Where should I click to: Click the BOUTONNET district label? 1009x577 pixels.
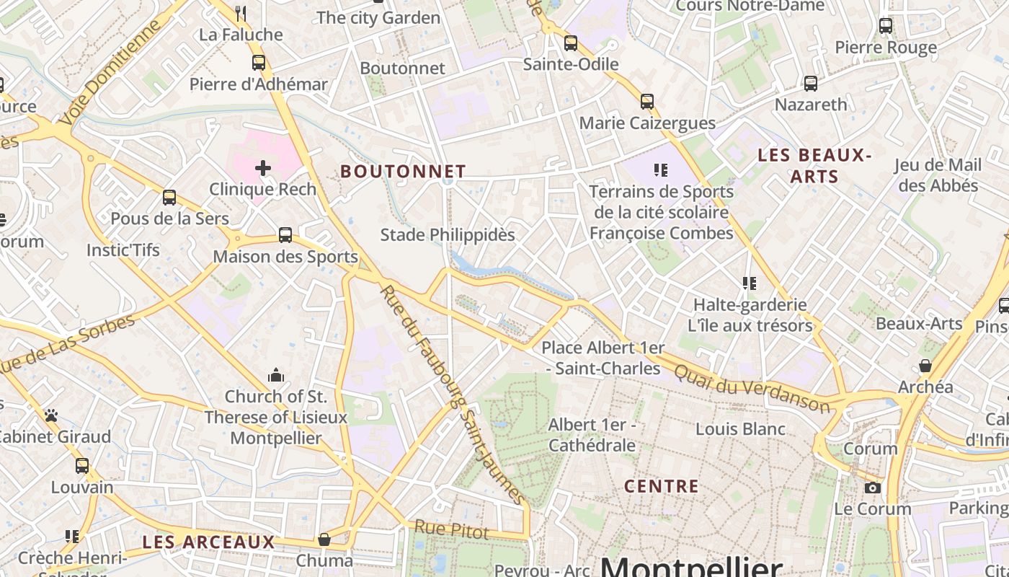click(x=403, y=172)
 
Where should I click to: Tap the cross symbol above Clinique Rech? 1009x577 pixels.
click(x=263, y=169)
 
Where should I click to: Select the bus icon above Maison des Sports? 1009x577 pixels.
click(x=285, y=235)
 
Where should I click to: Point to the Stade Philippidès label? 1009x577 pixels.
click(x=448, y=235)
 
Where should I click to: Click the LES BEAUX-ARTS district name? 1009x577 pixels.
click(x=814, y=166)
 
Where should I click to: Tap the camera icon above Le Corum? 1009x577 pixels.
click(x=873, y=488)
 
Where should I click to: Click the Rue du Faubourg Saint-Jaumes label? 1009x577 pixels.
click(x=453, y=395)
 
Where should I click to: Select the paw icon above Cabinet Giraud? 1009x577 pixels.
click(x=50, y=416)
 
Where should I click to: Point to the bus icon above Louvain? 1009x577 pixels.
click(x=82, y=466)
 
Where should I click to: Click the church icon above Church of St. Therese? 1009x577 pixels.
click(x=275, y=376)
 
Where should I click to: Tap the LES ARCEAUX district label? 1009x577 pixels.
click(x=208, y=542)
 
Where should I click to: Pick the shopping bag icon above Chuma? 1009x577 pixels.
click(x=324, y=539)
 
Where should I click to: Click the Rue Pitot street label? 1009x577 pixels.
click(x=451, y=532)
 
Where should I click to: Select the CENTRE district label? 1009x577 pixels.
click(x=662, y=486)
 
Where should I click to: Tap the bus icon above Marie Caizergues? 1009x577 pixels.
click(x=647, y=102)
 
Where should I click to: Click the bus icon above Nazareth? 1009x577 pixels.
click(x=811, y=84)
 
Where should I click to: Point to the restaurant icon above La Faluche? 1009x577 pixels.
click(x=241, y=13)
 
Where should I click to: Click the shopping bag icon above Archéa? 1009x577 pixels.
click(x=926, y=366)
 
